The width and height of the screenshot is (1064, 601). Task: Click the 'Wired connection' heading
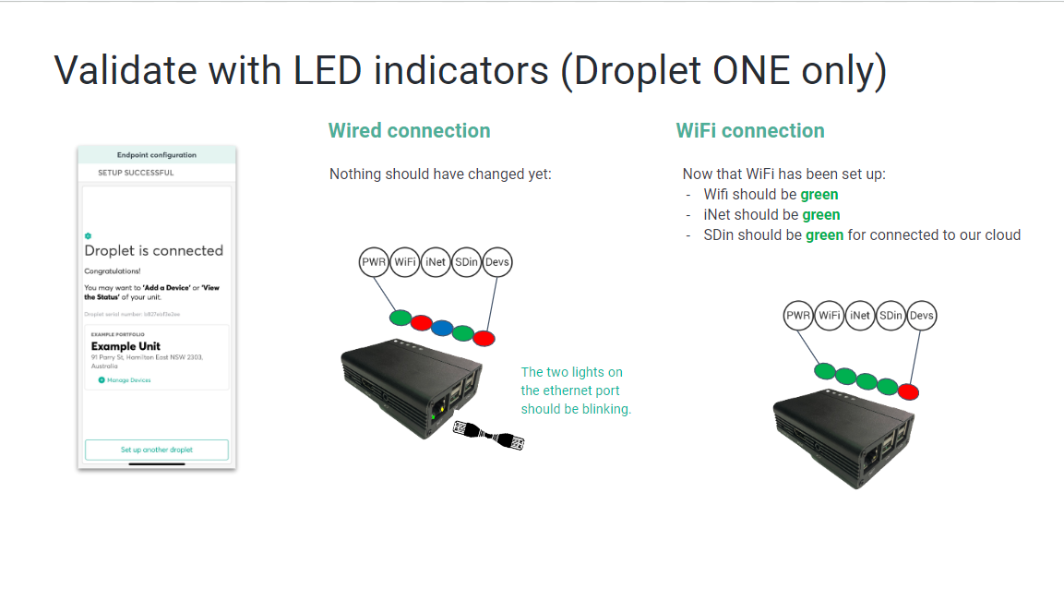coord(409,131)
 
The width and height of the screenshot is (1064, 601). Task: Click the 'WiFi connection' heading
coord(749,131)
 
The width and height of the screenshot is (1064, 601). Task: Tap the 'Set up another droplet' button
coord(156,450)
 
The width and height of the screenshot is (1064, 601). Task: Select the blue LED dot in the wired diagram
coord(442,327)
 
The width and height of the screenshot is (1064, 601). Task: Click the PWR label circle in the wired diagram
coord(374,262)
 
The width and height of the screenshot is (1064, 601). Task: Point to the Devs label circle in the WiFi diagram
coord(921,316)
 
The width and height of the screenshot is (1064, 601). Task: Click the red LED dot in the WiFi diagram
coord(909,391)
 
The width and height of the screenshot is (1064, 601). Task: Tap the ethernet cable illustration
coord(489,435)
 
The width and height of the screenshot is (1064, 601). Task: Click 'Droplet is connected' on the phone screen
coord(154,250)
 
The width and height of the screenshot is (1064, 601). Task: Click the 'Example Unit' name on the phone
coord(126,346)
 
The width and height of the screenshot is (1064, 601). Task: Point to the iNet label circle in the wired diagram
coord(436,262)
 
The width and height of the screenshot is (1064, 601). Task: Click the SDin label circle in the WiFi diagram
coord(891,316)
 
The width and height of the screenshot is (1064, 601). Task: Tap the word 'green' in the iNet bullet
coord(820,215)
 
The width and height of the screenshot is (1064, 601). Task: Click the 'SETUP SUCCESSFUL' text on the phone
coord(136,173)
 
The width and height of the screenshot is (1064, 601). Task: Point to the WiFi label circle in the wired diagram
coord(405,262)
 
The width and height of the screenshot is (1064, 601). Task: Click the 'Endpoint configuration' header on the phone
coord(157,155)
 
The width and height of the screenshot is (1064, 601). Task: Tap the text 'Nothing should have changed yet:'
coord(440,174)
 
